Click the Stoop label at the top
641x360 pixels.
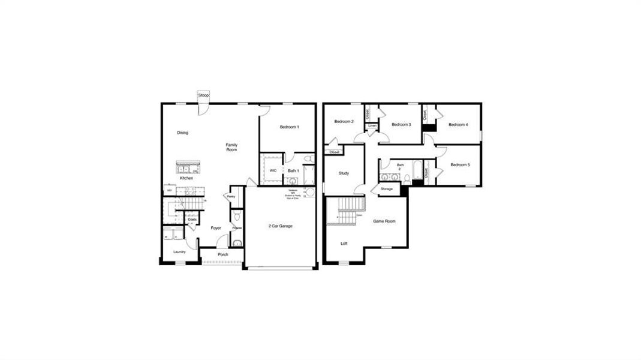(x=203, y=95)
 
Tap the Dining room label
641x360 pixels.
(x=182, y=133)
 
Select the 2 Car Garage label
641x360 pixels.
(x=281, y=226)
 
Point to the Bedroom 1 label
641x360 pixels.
(x=289, y=127)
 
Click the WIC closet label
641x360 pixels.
(x=273, y=170)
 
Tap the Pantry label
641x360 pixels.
(x=231, y=196)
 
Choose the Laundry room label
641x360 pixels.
(x=179, y=251)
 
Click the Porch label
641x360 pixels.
(x=222, y=254)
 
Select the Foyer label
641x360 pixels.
(x=216, y=228)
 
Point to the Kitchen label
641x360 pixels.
(x=186, y=178)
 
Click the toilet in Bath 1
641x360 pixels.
(x=308, y=158)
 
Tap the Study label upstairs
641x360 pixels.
(x=344, y=173)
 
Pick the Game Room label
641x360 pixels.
(x=384, y=221)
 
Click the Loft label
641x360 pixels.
(x=344, y=243)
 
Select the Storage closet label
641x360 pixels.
(x=387, y=189)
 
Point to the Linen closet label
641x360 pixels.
(x=372, y=125)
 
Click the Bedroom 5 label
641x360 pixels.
(x=460, y=165)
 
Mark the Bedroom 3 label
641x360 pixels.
(x=401, y=124)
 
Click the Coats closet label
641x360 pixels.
(x=192, y=220)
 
